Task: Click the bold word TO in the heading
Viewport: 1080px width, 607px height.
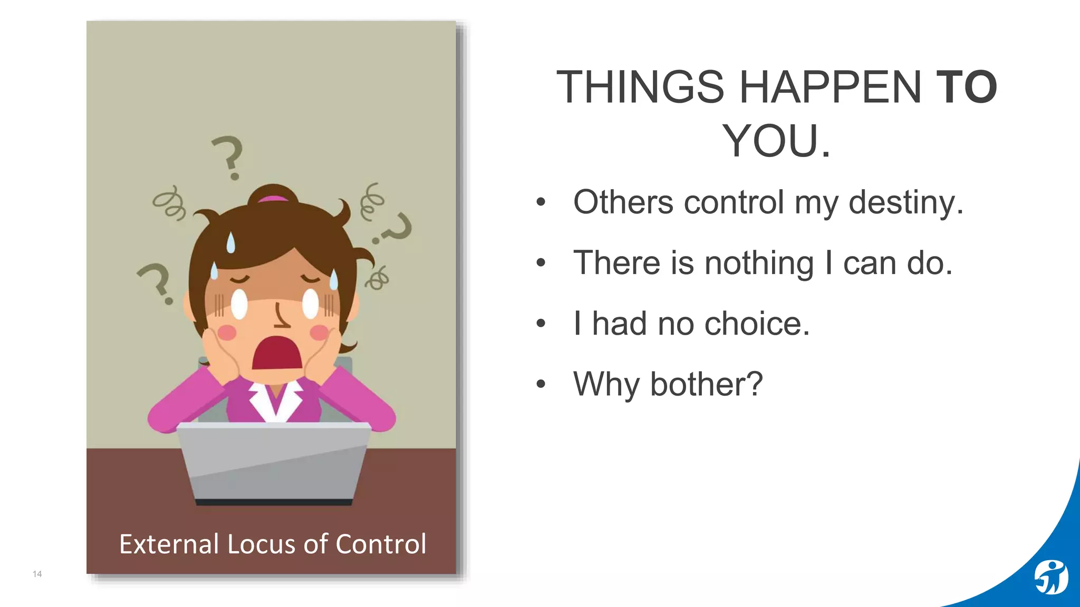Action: [x=966, y=87]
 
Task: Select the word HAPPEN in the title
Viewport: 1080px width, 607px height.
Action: [x=830, y=87]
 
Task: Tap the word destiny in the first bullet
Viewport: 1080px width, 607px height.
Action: [x=905, y=202]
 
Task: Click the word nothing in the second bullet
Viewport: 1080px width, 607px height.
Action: [x=759, y=263]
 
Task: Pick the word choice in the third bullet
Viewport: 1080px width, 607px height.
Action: [x=757, y=324]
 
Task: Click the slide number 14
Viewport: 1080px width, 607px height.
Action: [x=37, y=574]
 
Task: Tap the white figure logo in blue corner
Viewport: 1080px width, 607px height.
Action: [x=1051, y=577]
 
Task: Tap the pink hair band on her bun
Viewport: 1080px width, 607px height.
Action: [x=273, y=199]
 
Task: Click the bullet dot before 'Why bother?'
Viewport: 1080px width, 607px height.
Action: [x=541, y=384]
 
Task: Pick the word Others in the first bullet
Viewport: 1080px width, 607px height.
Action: [x=623, y=202]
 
